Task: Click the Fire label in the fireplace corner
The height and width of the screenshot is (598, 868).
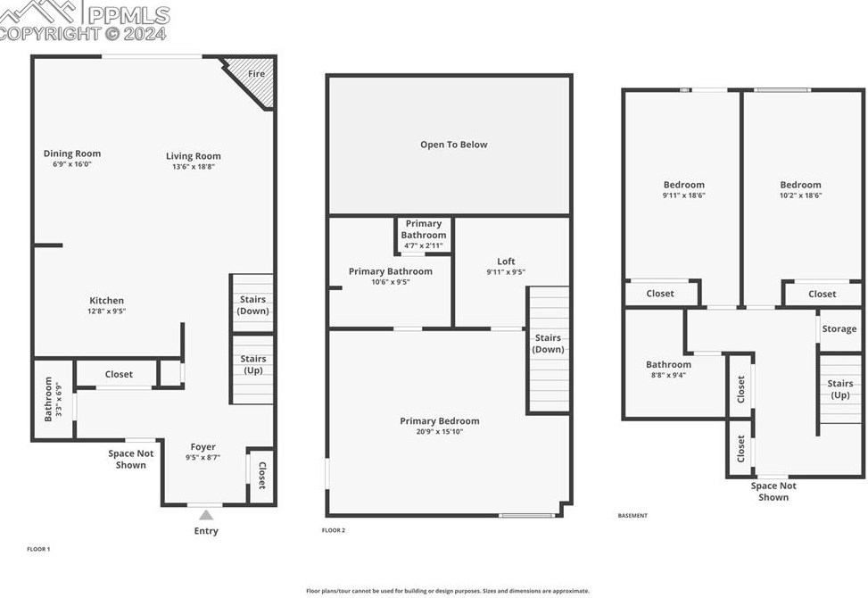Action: [x=256, y=73]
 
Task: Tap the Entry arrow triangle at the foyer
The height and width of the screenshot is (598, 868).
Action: [x=206, y=515]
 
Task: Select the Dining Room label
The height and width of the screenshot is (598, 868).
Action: [x=72, y=154]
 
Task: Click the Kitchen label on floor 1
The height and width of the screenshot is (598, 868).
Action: [x=107, y=301]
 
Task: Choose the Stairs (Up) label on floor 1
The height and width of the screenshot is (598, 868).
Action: [x=253, y=364]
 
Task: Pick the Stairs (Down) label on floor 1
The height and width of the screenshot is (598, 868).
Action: [x=252, y=305]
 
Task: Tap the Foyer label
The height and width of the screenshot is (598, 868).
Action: [x=203, y=447]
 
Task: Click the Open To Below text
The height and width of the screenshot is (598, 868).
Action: [x=453, y=145]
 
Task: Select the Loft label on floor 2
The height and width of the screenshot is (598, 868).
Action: [x=506, y=262]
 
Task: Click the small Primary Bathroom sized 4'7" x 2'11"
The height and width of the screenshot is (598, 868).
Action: [x=423, y=234]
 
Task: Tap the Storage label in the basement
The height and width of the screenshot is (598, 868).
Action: [x=839, y=329]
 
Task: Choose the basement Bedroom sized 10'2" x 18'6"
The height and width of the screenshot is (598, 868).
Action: [x=799, y=185]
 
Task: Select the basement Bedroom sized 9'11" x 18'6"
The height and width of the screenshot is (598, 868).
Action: [x=683, y=185]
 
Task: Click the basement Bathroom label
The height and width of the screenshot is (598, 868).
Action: [x=668, y=364]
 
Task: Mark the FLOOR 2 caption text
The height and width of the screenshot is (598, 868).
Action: [x=334, y=530]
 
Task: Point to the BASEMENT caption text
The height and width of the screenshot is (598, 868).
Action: [x=632, y=516]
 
